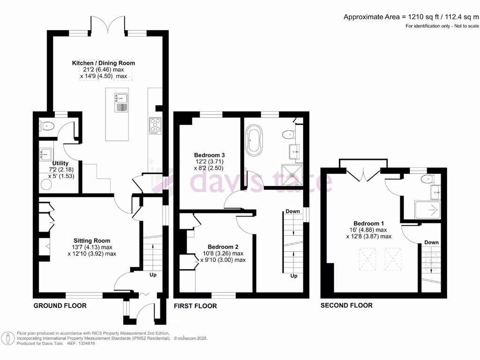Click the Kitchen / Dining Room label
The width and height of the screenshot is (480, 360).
(103, 63)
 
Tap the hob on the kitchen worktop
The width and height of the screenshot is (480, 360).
(155, 125)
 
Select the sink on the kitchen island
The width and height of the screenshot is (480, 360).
(121, 98)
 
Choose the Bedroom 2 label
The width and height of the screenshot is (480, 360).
(223, 247)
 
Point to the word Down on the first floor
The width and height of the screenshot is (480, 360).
(292, 211)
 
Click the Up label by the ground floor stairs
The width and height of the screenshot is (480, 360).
(153, 275)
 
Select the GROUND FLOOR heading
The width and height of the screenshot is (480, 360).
(60, 306)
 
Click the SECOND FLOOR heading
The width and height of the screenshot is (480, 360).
(346, 306)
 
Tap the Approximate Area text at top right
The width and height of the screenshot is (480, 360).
(411, 17)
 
